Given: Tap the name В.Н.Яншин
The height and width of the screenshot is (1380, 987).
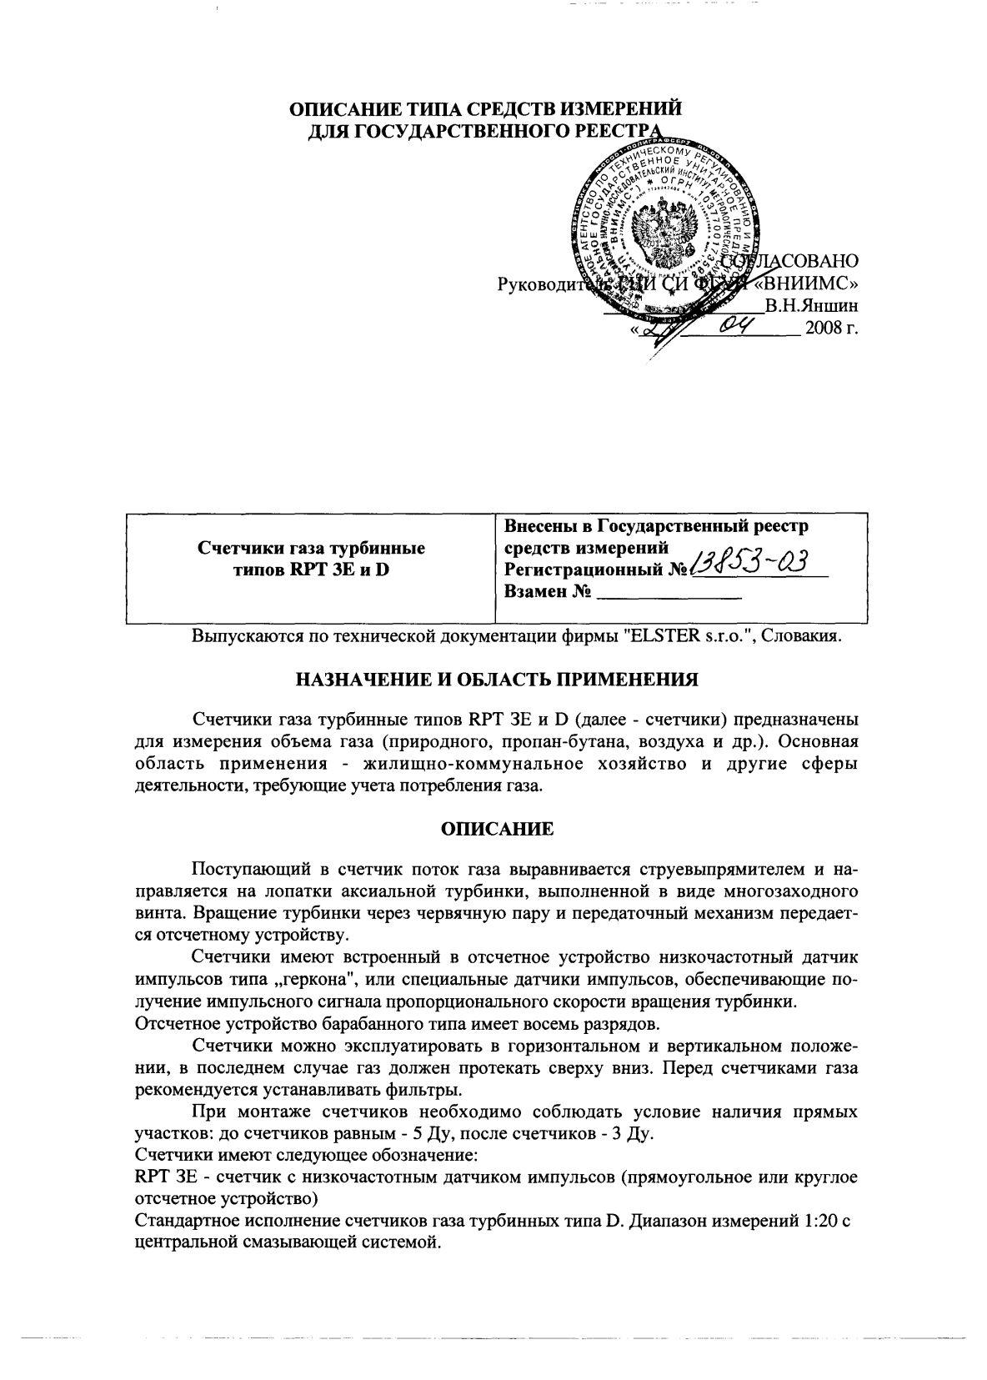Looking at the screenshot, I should pos(814,306).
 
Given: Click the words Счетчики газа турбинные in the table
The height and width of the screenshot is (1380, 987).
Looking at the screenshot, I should pos(311,549).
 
